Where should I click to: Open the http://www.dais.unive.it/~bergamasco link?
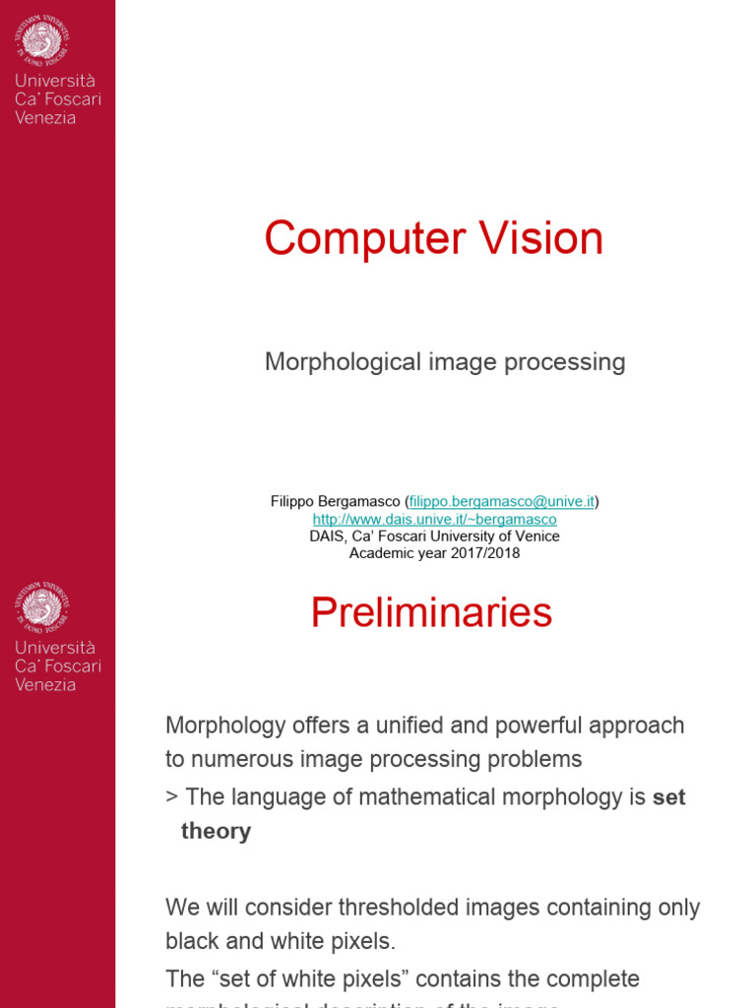[x=435, y=520]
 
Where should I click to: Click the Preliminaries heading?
[x=431, y=613]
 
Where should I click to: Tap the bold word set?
[x=669, y=796]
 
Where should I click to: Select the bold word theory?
[x=216, y=832]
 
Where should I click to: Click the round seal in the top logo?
[x=41, y=38]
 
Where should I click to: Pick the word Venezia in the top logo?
[x=45, y=118]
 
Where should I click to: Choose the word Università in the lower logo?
[x=55, y=648]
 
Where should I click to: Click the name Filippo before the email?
[x=294, y=502]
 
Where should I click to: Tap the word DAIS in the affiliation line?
[x=329, y=536]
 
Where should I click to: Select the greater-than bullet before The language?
[x=171, y=796]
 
